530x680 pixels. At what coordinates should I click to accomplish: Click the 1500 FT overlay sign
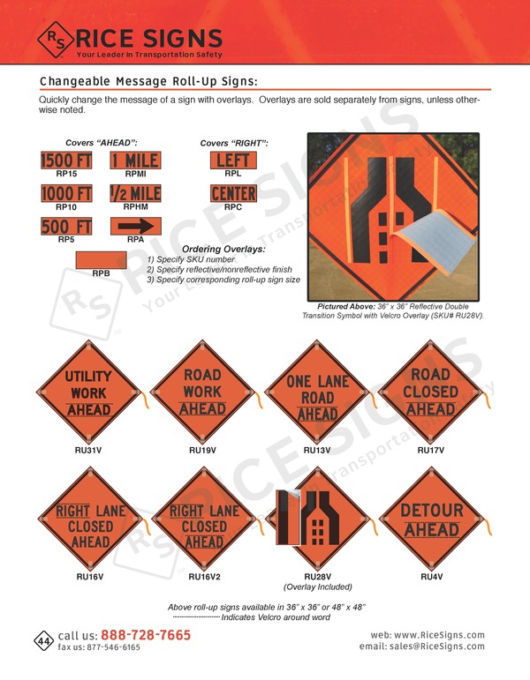(67, 161)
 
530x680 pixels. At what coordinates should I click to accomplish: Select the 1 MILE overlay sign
(135, 161)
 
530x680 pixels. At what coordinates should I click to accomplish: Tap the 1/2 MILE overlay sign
(135, 193)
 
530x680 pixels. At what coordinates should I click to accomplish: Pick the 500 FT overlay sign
(67, 226)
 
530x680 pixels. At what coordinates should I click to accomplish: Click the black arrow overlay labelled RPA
(135, 226)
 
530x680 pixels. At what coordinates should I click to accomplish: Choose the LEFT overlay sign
(233, 161)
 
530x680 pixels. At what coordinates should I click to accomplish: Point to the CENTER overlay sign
(233, 193)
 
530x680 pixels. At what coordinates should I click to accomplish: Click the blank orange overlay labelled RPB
(102, 260)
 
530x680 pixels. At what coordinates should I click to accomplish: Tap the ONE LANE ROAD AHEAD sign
(317, 392)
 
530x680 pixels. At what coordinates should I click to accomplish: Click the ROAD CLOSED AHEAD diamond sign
(430, 392)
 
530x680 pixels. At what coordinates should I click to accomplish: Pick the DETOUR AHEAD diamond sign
(432, 520)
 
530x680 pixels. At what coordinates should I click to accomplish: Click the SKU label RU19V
(202, 450)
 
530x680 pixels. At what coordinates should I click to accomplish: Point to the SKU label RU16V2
(204, 578)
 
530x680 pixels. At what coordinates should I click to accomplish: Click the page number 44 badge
(43, 639)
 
